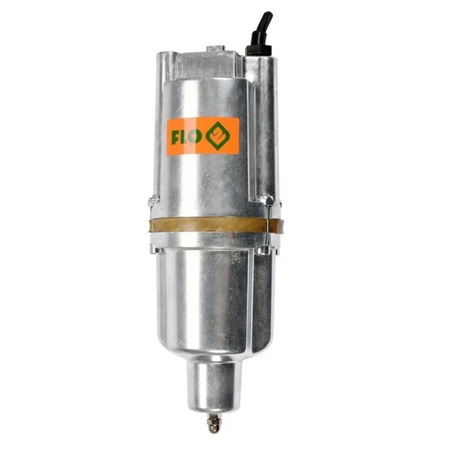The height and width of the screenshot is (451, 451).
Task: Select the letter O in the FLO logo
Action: pos(196,137)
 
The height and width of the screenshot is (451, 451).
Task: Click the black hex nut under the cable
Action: pos(258,49)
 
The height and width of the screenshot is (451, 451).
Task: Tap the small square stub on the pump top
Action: pos(216,49)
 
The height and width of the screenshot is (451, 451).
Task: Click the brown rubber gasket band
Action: pos(217,225)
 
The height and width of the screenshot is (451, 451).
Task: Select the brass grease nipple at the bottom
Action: pos(213,423)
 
